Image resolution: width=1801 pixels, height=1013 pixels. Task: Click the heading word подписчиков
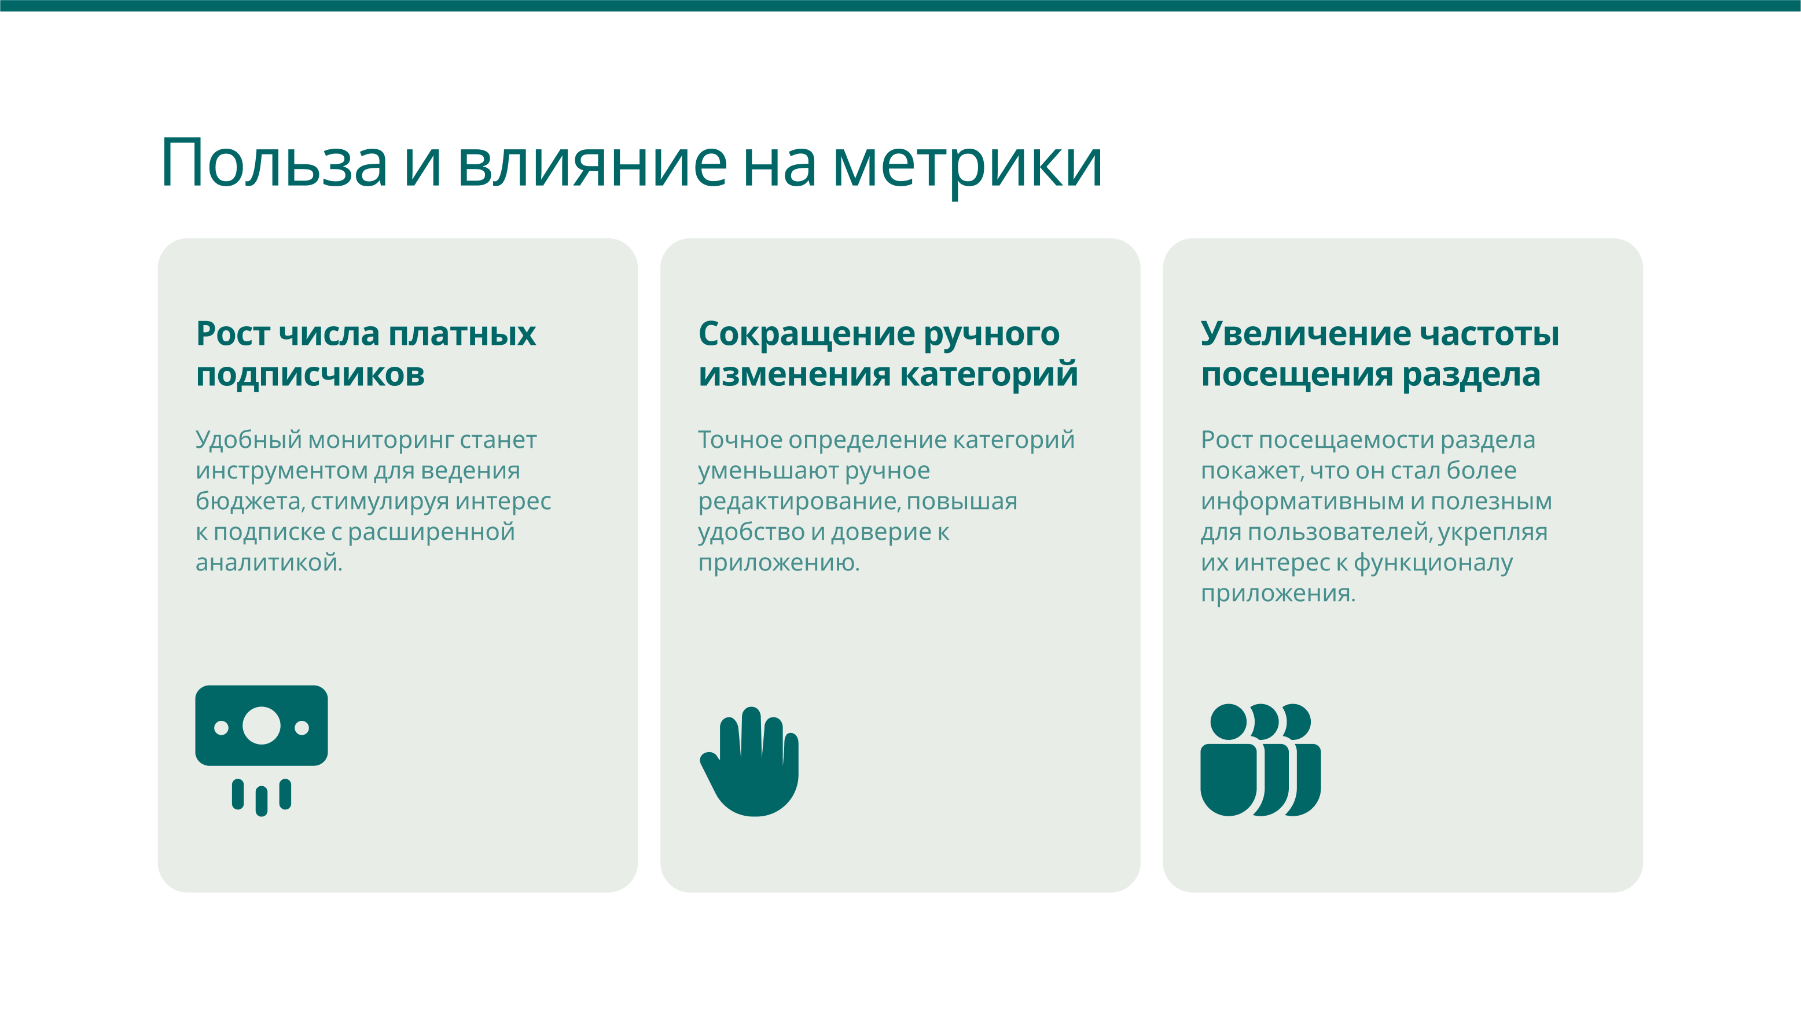point(310,375)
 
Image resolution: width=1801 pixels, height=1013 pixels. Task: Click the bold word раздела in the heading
point(1471,375)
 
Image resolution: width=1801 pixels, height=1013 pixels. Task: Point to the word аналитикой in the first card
point(269,562)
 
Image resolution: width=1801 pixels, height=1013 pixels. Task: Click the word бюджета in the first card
point(249,501)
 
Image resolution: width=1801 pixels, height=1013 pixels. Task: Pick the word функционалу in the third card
point(1434,563)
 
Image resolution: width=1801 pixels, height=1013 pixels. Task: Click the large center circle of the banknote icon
point(262,725)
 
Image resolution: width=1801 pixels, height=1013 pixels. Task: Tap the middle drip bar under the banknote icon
point(262,801)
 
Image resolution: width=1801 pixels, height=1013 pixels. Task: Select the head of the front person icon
point(1229,722)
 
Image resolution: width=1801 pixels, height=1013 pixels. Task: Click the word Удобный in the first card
point(248,440)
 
